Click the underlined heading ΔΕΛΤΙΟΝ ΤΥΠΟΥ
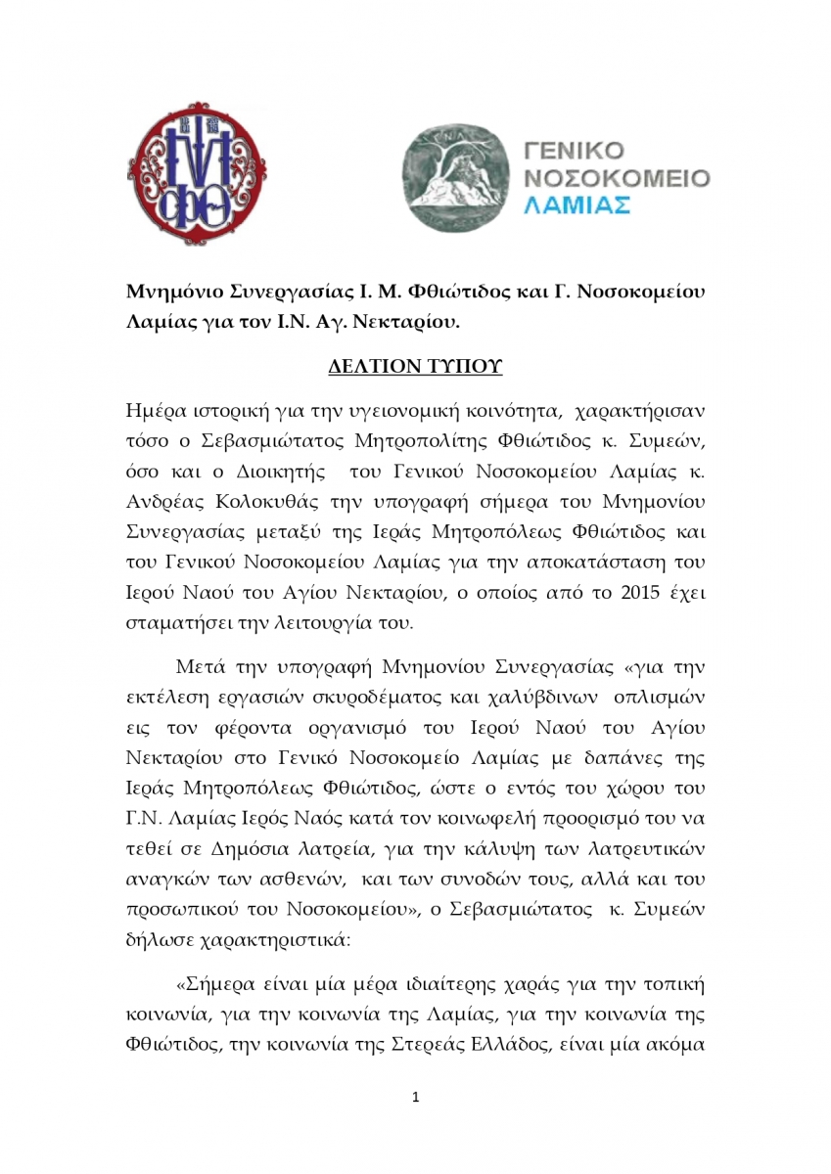coord(415,367)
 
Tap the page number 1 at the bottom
coord(416,1098)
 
